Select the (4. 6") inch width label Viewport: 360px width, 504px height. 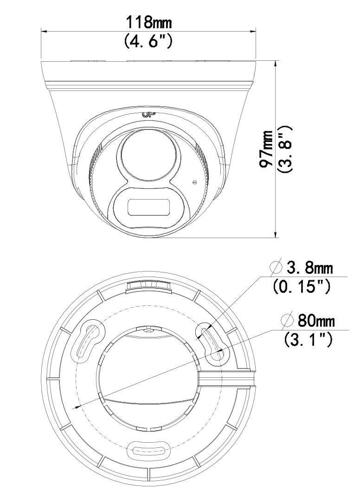pos(148,40)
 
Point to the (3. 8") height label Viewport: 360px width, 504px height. pos(285,149)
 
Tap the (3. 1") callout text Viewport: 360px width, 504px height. pos(308,339)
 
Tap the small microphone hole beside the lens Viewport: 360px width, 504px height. pos(193,182)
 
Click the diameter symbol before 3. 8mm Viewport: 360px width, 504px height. pos(276,267)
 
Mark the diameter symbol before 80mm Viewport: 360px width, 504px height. pos(287,320)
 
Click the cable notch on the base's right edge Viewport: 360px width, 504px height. pos(227,378)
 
